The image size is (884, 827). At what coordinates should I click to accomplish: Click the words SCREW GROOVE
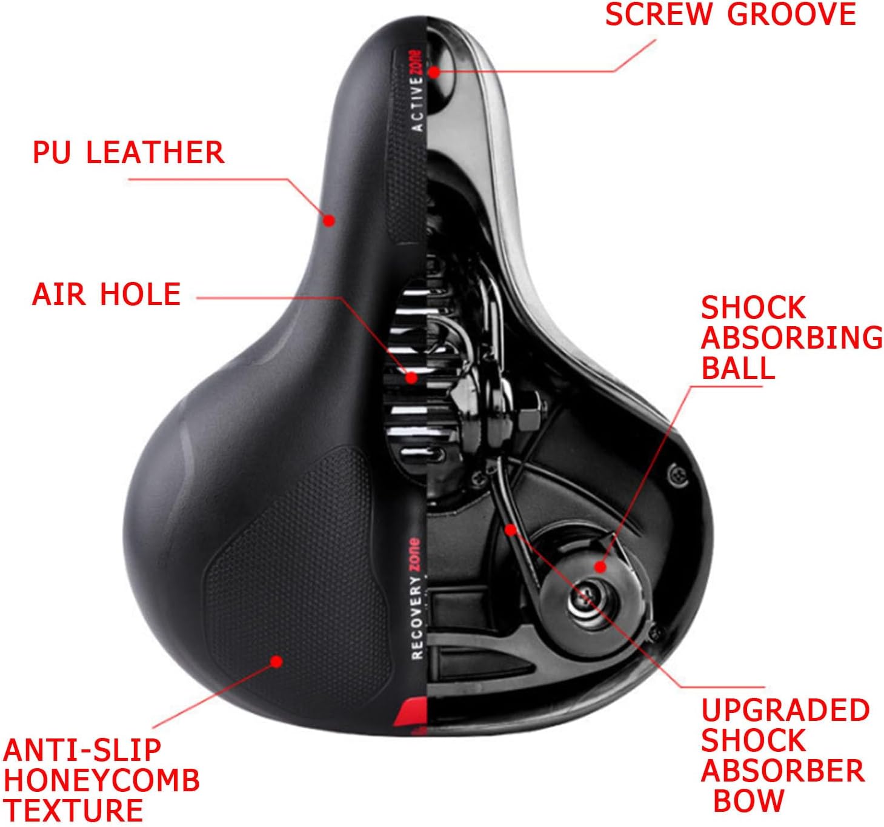coord(731,15)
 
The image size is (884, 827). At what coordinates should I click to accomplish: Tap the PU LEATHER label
coord(128,152)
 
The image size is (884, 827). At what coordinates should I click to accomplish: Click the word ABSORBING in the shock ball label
coord(791,338)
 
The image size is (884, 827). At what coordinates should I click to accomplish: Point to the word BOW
coord(748,801)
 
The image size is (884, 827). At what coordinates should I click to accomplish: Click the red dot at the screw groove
coord(434,72)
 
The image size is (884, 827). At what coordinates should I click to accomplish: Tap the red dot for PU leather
coord(329,220)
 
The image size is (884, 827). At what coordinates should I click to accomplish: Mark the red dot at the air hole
coord(411,378)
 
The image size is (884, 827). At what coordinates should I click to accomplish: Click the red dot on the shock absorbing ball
coord(600,567)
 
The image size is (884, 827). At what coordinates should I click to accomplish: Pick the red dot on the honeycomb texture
coord(276,661)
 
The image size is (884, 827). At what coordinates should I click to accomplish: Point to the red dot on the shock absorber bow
coord(511,530)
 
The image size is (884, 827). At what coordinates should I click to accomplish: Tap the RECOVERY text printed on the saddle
coord(417,618)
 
